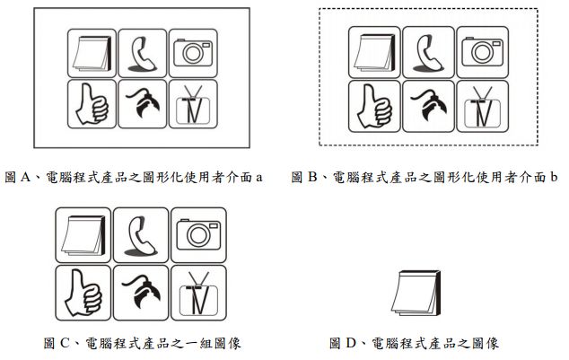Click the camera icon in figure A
[193, 53]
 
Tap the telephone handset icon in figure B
[429, 53]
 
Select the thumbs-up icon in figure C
[83, 293]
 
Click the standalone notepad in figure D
[416, 293]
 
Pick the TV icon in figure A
[193, 104]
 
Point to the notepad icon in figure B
[374, 53]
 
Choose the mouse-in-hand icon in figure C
[141, 292]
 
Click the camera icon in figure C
[198, 234]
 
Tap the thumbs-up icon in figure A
[92, 104]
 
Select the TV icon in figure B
[482, 106]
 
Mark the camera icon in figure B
[482, 51]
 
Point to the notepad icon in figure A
[92, 53]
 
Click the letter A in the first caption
[25, 177]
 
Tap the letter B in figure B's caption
[312, 177]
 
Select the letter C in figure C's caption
[65, 343]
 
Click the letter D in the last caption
[351, 343]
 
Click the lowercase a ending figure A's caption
[258, 178]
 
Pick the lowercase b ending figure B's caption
[554, 177]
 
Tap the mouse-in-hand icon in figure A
[142, 103]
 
